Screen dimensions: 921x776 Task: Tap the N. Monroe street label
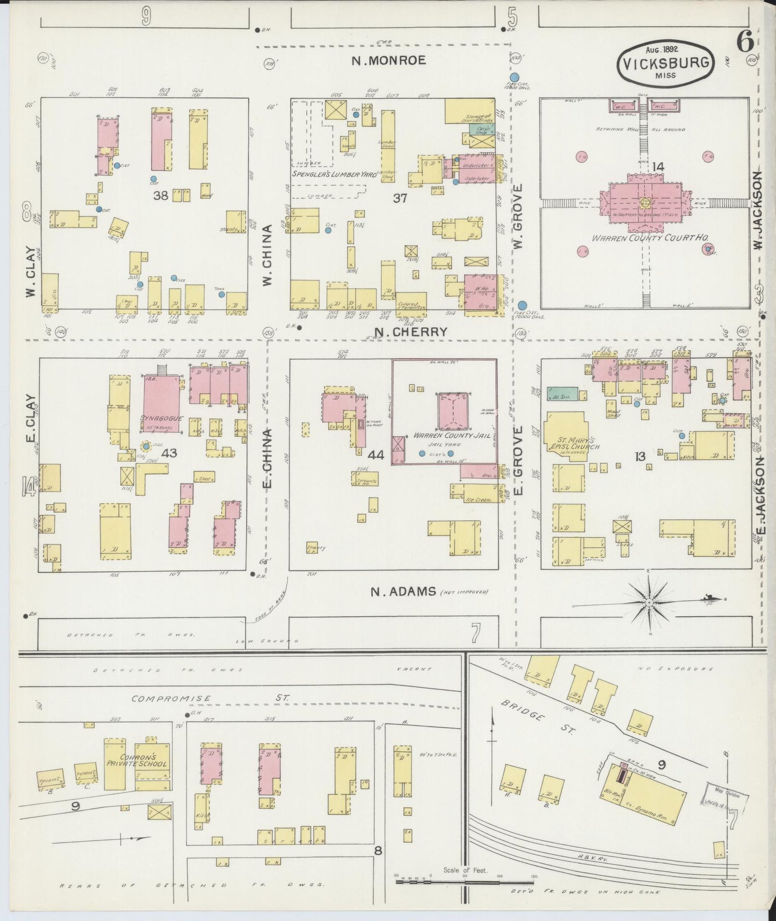(389, 60)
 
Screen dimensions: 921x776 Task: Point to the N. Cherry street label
(410, 332)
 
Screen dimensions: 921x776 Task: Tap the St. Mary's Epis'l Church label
(572, 442)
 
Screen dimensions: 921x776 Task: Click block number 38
(160, 196)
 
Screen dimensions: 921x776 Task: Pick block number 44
(376, 455)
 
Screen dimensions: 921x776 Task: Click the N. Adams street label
(403, 592)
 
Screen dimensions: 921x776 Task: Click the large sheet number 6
(743, 42)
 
